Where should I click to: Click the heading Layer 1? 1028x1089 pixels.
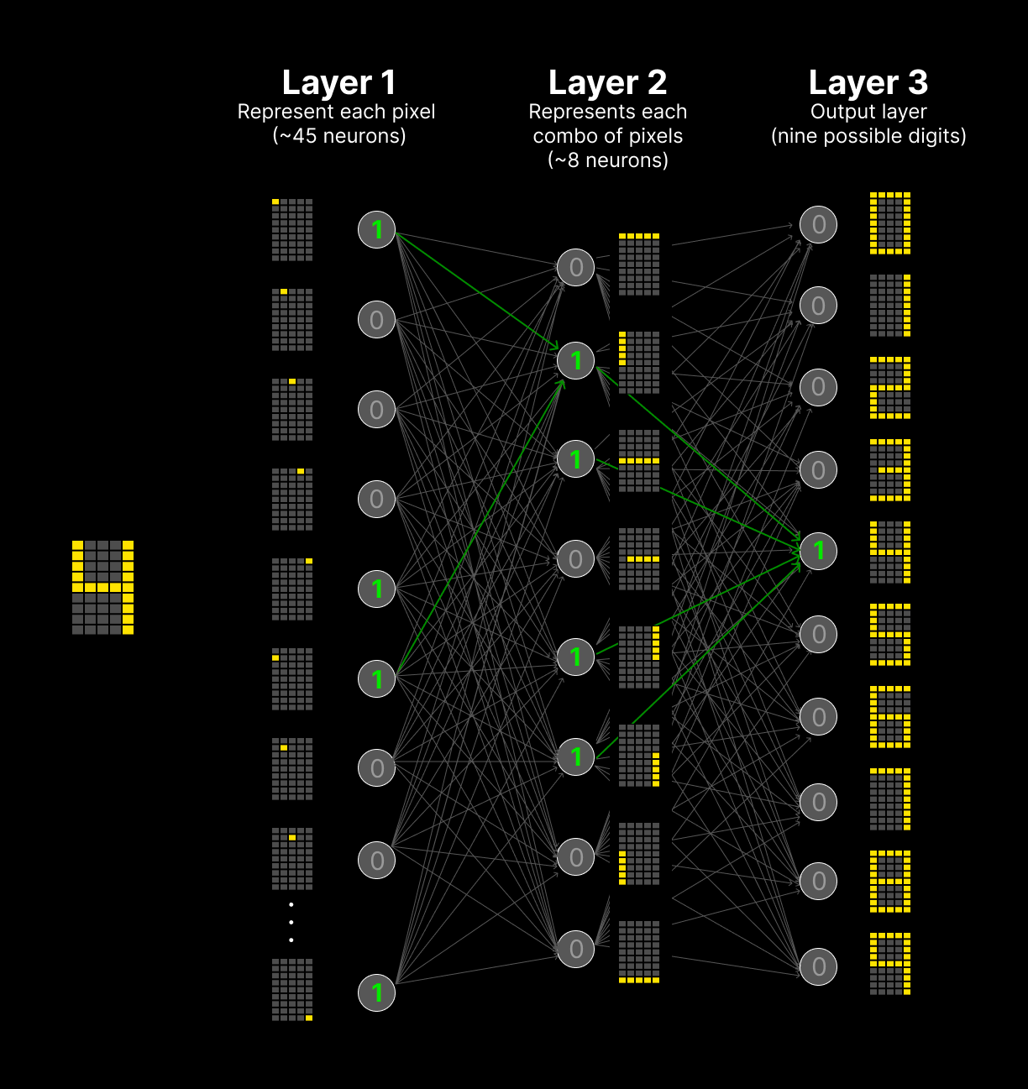click(x=338, y=82)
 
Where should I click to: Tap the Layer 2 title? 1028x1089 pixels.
click(x=607, y=82)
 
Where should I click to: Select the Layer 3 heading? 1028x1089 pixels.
click(x=868, y=82)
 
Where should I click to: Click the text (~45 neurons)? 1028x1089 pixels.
click(x=339, y=136)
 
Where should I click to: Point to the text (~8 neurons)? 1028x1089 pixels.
click(x=608, y=160)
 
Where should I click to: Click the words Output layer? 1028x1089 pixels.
click(x=868, y=112)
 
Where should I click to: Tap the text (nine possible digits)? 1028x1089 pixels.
click(x=868, y=136)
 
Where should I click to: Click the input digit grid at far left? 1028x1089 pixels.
click(x=102, y=587)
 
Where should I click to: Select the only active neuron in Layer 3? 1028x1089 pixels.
click(x=819, y=551)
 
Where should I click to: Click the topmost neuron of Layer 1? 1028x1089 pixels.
click(x=377, y=229)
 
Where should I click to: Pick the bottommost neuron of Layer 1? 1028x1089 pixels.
click(x=377, y=992)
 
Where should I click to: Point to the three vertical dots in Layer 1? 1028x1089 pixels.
click(x=291, y=922)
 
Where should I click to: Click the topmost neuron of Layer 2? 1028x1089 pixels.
click(x=576, y=268)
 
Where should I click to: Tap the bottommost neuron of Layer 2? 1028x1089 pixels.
click(x=576, y=949)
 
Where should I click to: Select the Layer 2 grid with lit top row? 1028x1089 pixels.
click(x=639, y=264)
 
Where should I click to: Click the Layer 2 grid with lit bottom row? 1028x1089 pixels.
click(x=639, y=951)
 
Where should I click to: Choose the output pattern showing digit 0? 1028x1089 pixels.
click(x=890, y=223)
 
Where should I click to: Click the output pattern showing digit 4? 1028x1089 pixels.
click(x=890, y=552)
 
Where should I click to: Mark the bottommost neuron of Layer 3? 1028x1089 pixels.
click(x=819, y=967)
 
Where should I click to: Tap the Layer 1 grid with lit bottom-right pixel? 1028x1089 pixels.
click(x=292, y=990)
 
